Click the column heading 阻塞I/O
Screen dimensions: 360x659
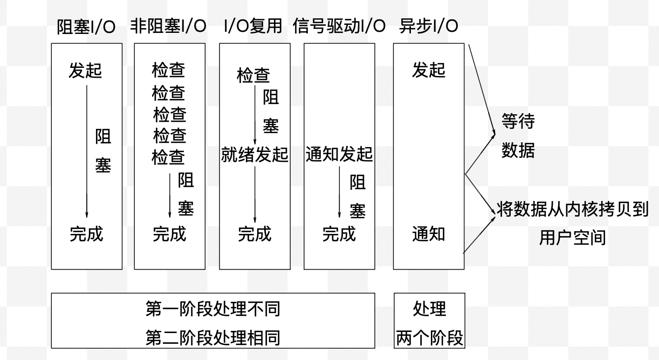click(86, 27)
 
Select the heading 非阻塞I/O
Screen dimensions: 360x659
click(168, 27)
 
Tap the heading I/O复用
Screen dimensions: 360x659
click(252, 27)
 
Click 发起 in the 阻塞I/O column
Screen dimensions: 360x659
click(85, 71)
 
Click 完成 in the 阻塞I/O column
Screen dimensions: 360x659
click(86, 234)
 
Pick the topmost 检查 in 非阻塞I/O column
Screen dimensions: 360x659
click(169, 71)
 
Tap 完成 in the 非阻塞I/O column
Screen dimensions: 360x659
click(169, 234)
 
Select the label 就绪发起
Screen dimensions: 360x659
click(255, 155)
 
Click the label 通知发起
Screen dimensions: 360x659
click(339, 155)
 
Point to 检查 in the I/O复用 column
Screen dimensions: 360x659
click(253, 76)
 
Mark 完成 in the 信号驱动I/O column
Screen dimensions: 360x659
click(339, 234)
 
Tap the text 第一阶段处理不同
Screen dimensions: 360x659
click(212, 310)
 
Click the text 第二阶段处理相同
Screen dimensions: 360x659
click(212, 338)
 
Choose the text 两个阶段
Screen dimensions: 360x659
click(429, 338)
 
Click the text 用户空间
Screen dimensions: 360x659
click(572, 237)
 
